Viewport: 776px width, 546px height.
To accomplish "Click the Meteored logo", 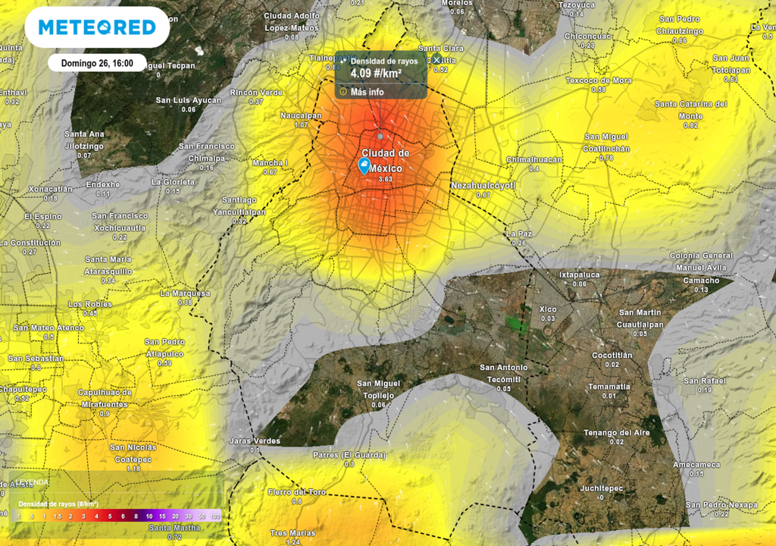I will (97, 28).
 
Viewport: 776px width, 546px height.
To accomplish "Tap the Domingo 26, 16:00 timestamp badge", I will (97, 64).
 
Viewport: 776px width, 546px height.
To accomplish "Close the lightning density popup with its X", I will (436, 59).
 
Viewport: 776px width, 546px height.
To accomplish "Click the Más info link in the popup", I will (367, 92).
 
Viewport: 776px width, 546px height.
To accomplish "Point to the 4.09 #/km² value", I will (375, 74).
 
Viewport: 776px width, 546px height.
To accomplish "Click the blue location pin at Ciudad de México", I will (365, 166).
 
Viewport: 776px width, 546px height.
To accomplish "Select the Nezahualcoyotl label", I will (483, 185).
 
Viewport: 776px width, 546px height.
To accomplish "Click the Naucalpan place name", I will (301, 115).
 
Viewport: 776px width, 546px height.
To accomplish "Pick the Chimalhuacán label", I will (534, 159).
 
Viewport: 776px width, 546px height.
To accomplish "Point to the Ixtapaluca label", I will (580, 275).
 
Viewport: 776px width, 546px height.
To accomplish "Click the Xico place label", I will (548, 309).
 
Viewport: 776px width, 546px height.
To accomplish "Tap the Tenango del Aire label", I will (616, 432).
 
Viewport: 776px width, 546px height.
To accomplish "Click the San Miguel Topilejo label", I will (377, 389).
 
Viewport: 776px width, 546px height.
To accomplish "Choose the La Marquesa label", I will (185, 293).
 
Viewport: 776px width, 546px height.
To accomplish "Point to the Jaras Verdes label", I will (255, 441).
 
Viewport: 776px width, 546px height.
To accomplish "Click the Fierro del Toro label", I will (297, 492).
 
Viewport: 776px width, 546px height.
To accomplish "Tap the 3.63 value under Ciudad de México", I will (385, 179).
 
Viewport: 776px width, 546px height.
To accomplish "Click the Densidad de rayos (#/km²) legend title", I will (58, 504).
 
